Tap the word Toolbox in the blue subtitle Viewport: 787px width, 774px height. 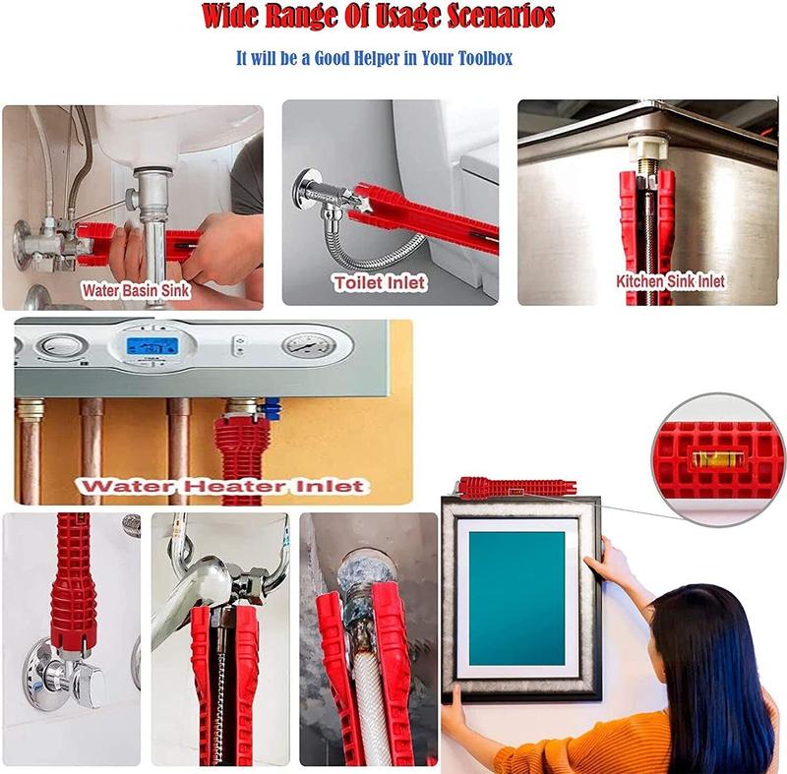[x=485, y=58]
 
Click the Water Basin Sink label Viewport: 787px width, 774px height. [x=136, y=290]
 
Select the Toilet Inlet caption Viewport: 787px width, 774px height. [x=380, y=283]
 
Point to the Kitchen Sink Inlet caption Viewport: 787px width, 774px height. [x=671, y=281]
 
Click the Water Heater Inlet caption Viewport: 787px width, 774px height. [x=223, y=486]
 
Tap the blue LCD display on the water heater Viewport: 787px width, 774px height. [x=152, y=345]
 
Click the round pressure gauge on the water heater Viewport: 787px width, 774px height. [x=308, y=345]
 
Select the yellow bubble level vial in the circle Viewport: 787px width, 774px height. [x=718, y=459]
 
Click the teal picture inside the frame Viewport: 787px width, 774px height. [x=516, y=598]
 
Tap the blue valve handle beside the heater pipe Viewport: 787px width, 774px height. [x=272, y=408]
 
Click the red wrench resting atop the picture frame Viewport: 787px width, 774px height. [x=516, y=488]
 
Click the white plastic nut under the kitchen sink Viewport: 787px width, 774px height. [x=648, y=147]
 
